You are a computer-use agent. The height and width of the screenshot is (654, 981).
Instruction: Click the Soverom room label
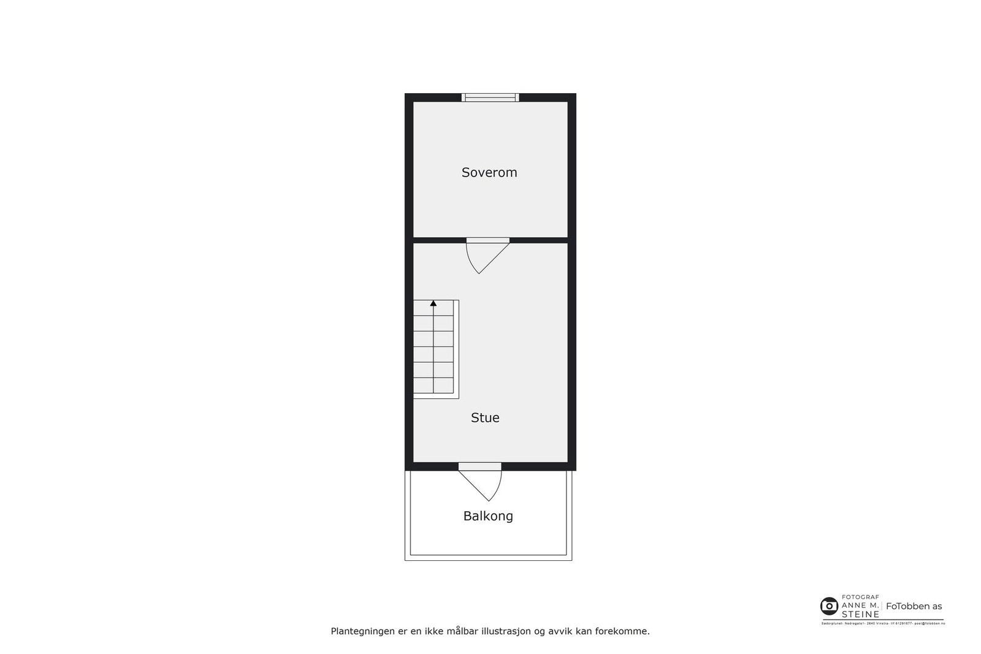coord(489,173)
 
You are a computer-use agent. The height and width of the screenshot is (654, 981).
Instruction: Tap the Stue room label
coord(485,418)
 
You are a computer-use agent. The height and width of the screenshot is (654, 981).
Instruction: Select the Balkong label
coord(488,516)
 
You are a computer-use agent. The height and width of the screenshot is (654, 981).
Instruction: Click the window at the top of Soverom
coord(490,97)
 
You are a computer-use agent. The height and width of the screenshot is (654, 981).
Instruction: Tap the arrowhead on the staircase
coord(433,303)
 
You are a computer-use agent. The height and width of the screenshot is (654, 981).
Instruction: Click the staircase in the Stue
coord(435,349)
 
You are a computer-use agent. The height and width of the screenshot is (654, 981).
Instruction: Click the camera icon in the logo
coord(829,606)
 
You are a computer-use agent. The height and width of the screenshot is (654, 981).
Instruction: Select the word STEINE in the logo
coord(860,614)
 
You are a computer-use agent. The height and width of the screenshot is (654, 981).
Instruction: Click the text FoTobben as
coord(914,606)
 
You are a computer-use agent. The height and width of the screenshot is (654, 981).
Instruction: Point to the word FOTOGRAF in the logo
coord(860,597)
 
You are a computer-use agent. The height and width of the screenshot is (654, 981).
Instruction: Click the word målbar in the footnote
coord(463,631)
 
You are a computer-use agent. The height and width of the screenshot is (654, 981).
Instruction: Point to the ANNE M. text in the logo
coord(860,605)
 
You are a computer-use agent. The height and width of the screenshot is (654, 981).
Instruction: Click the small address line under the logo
coord(883,623)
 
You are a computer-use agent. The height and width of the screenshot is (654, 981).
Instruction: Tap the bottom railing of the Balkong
coord(488,558)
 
